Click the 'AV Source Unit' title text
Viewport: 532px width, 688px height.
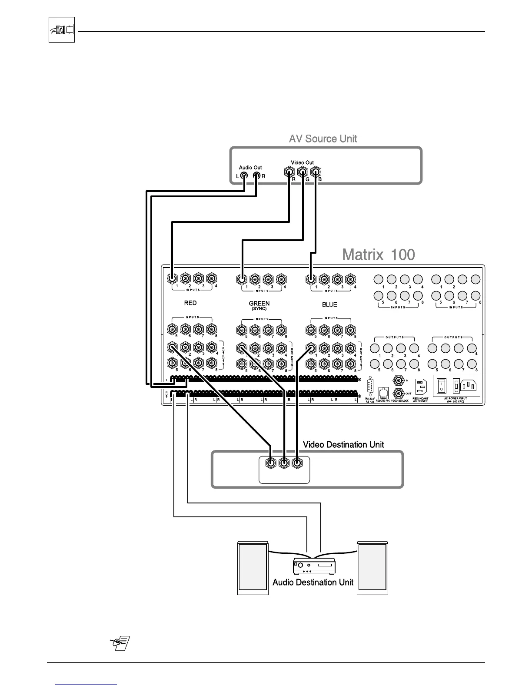tap(323, 139)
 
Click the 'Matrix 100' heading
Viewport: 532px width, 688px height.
tap(378, 255)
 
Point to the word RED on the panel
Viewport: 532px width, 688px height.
tap(190, 303)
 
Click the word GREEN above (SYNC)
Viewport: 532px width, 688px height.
tap(259, 303)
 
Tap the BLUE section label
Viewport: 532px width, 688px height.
tap(329, 304)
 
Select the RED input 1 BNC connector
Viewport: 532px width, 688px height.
tap(173, 278)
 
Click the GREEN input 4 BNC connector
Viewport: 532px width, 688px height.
tap(281, 278)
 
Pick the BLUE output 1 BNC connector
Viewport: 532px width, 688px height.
tap(311, 348)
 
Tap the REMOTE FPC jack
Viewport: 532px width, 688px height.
tap(383, 393)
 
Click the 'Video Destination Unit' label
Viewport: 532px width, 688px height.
tap(343, 445)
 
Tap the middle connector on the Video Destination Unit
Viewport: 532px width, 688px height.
tap(283, 463)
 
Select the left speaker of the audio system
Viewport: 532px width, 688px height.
tap(253, 568)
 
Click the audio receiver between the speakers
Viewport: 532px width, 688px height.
tap(314, 566)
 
